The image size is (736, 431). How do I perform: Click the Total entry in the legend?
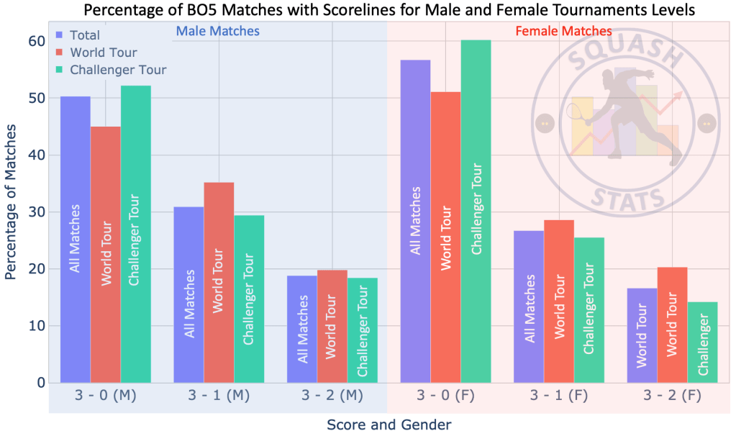[83, 35]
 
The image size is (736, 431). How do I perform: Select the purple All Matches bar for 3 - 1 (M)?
[188, 294]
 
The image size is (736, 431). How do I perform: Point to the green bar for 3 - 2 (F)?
[702, 342]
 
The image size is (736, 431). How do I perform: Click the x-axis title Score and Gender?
[389, 423]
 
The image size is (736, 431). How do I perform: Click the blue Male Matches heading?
[217, 31]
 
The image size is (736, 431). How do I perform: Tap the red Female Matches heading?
[563, 31]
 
